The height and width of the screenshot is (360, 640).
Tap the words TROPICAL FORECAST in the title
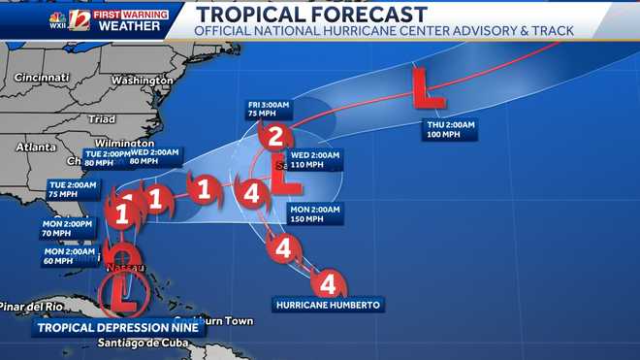coord(310,14)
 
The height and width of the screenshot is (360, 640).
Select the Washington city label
coord(141,80)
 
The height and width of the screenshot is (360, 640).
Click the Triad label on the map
coord(101,118)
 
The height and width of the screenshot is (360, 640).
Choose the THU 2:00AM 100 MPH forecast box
coord(449,130)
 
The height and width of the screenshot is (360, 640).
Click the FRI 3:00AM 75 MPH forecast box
coord(266,107)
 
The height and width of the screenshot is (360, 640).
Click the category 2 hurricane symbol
coord(276,136)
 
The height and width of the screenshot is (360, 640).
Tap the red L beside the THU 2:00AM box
coord(427,87)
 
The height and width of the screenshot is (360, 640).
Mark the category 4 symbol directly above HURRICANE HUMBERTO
coord(328,284)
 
